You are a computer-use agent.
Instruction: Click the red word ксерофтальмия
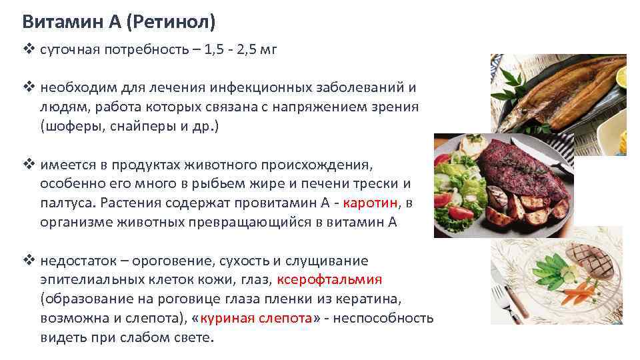329,279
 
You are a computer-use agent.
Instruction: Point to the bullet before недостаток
27,261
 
